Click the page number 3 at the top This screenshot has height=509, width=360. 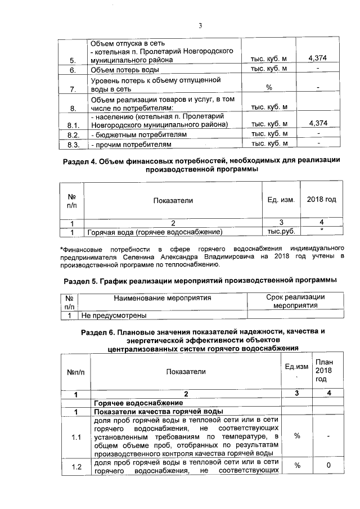point(200,24)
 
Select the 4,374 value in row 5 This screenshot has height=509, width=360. point(318,59)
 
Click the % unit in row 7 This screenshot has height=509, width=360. point(269,88)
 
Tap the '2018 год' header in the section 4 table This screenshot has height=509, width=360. point(321,200)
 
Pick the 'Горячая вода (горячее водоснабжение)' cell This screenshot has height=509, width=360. point(153,232)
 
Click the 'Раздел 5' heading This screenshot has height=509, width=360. point(200,280)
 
